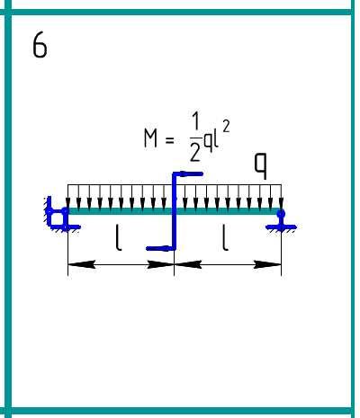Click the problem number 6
pyautogui.click(x=40, y=45)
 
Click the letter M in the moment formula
pyautogui.click(x=150, y=138)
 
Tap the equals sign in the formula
pyautogui.click(x=169, y=140)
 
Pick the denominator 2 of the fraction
pyautogui.click(x=195, y=152)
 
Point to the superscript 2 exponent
pyautogui.click(x=226, y=127)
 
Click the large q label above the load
pyautogui.click(x=260, y=166)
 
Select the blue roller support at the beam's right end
pyautogui.click(x=281, y=220)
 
